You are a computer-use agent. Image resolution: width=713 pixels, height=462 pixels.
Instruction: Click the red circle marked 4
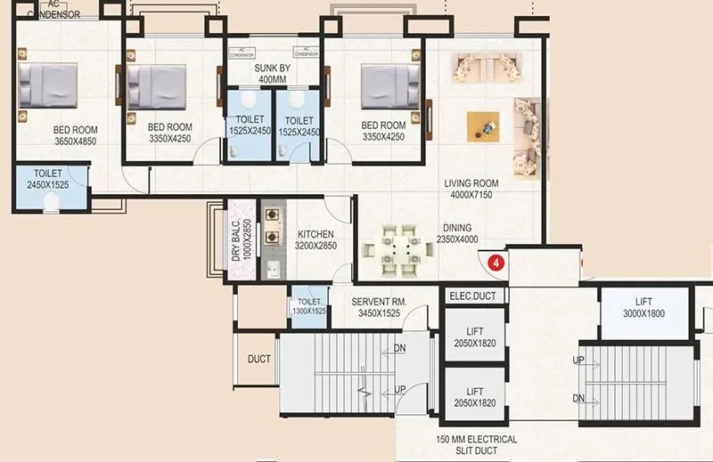tap(498, 263)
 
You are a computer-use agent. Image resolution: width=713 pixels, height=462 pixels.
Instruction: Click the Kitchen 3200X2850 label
tap(316, 239)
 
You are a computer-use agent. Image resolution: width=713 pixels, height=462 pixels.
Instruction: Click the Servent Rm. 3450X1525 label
tap(379, 308)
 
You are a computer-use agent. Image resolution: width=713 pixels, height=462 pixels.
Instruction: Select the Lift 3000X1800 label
tap(643, 308)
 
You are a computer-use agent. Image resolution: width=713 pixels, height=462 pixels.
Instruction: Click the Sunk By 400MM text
tap(272, 73)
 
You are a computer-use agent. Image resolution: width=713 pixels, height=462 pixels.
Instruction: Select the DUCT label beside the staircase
tap(259, 359)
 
